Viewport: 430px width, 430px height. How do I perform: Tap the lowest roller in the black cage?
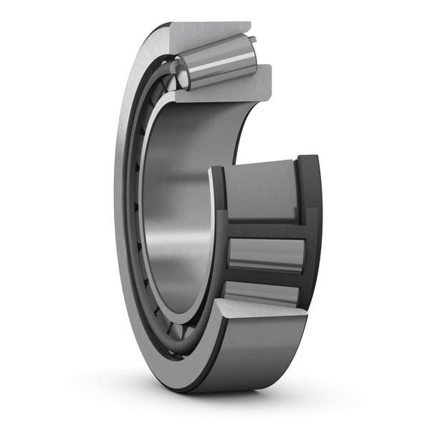pos(262,292)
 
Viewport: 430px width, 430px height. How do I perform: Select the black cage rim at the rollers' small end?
pos(219,229)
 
